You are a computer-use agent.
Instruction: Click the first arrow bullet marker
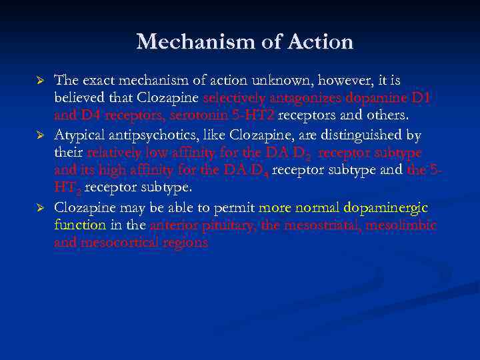tap(39, 81)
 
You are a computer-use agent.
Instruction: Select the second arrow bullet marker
tap(39, 136)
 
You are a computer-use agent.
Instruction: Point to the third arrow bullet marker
tap(39, 207)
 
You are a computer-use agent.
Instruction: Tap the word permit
tap(235, 207)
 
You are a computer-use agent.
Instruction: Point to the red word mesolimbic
tap(403, 225)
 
